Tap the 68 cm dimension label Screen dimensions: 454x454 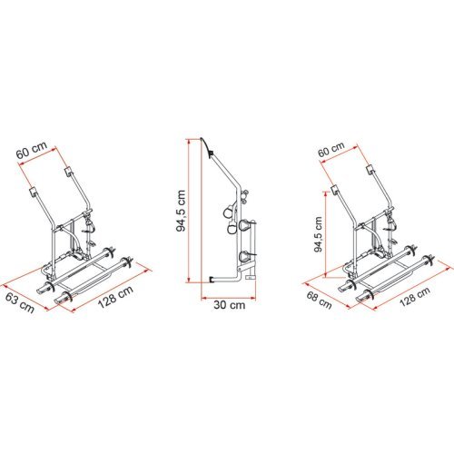(317, 299)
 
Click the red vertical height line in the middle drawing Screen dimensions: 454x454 (197, 209)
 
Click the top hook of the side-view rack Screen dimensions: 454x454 (211, 143)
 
